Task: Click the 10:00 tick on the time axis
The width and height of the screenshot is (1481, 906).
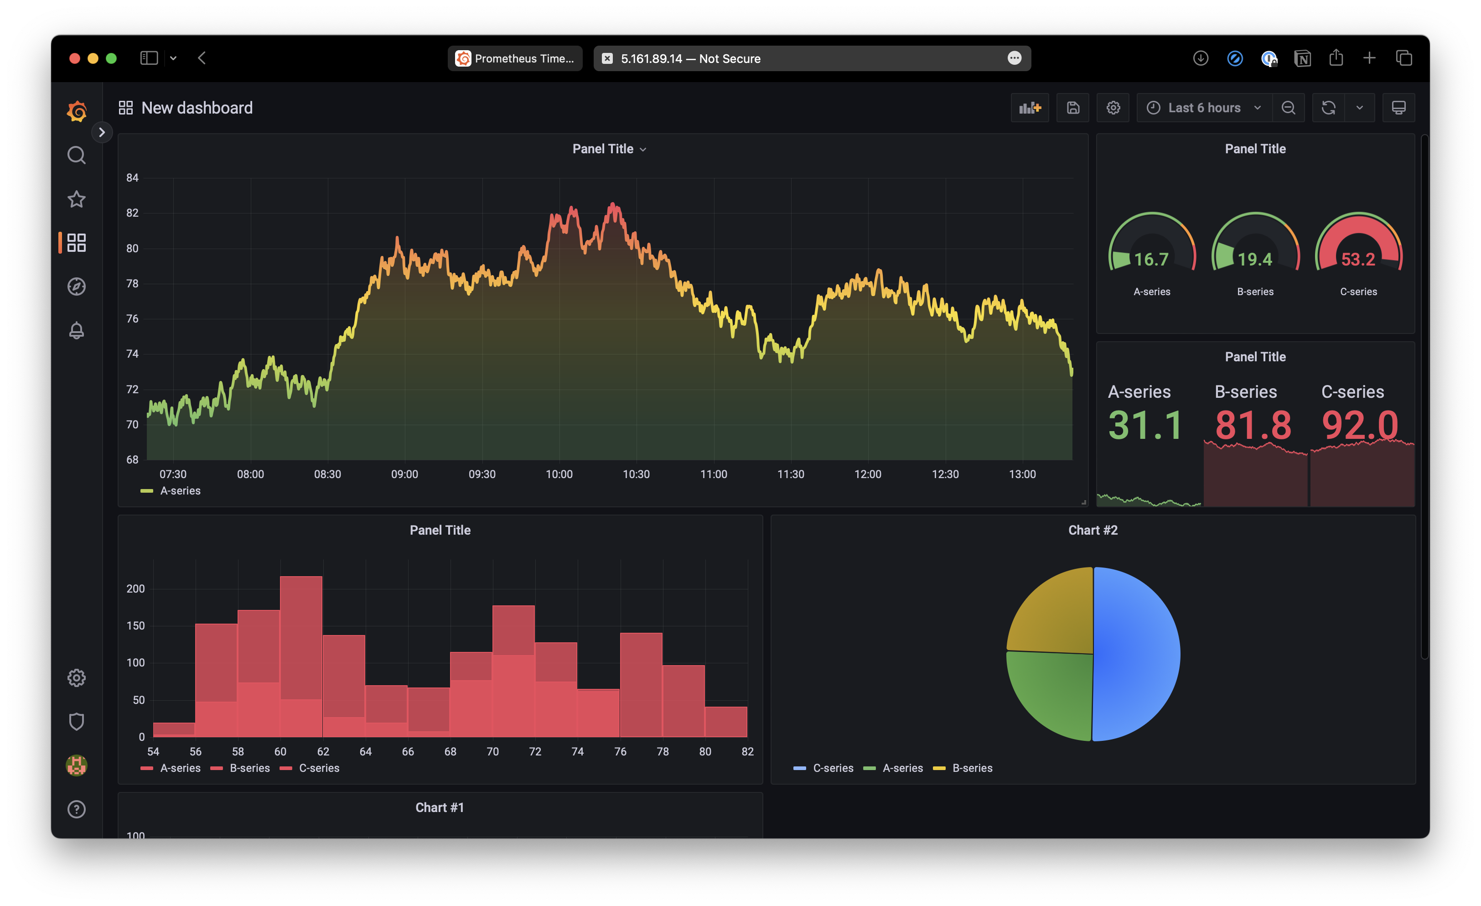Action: (559, 474)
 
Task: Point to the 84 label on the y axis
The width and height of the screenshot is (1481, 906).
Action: (132, 178)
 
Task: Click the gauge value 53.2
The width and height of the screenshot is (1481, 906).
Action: (1358, 259)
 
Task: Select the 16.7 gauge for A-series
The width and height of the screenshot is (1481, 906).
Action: (1151, 259)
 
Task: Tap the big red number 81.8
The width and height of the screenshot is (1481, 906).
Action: (1253, 425)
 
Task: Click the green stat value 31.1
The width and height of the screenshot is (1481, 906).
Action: (1145, 425)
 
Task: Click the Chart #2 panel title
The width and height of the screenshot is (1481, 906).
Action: (1093, 530)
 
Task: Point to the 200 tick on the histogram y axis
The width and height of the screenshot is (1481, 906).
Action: (135, 588)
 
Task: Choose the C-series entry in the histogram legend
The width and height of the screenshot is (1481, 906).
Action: (319, 768)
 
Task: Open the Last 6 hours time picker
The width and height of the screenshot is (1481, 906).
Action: (1204, 108)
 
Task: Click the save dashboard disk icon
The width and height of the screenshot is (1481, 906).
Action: (1073, 108)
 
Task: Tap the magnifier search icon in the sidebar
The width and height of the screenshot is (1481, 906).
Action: (76, 156)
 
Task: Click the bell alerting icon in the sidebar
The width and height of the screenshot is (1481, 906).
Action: (76, 330)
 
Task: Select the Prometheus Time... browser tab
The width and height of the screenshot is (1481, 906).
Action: (515, 58)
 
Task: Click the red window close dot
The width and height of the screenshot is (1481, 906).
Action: (74, 58)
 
